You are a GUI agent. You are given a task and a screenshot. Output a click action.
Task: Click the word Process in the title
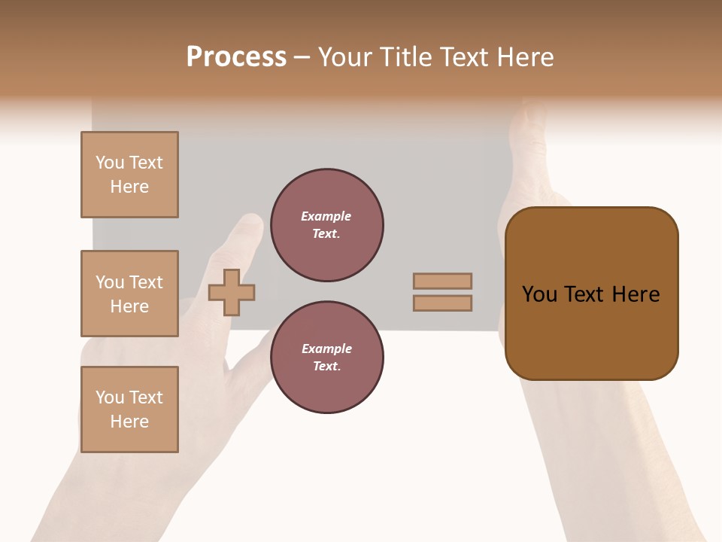pyautogui.click(x=236, y=57)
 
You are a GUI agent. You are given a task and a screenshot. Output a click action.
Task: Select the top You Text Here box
pyautogui.click(x=129, y=175)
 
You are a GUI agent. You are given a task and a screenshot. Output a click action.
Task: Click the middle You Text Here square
pyautogui.click(x=129, y=294)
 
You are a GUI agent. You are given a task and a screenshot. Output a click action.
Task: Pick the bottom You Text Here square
pyautogui.click(x=129, y=410)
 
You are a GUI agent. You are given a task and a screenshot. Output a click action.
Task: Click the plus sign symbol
pyautogui.click(x=232, y=292)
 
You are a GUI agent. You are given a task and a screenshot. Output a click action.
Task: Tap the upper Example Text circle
pyautogui.click(x=327, y=225)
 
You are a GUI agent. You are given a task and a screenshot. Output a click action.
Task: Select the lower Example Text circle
pyautogui.click(x=327, y=358)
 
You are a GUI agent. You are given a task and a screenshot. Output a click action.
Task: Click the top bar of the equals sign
pyautogui.click(x=442, y=281)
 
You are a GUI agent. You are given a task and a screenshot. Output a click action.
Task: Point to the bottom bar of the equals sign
pyautogui.click(x=442, y=303)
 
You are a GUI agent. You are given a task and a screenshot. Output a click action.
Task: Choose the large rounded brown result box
pyautogui.click(x=591, y=294)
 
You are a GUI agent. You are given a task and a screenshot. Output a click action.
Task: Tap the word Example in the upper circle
pyautogui.click(x=326, y=216)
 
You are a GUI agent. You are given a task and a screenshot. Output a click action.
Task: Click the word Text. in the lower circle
pyautogui.click(x=326, y=367)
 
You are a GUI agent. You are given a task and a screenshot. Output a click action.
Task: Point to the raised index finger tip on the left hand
pyautogui.click(x=250, y=224)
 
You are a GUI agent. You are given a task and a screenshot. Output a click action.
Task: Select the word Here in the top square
pyautogui.click(x=129, y=187)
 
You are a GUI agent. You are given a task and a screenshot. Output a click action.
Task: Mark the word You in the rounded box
pyautogui.click(x=539, y=294)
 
